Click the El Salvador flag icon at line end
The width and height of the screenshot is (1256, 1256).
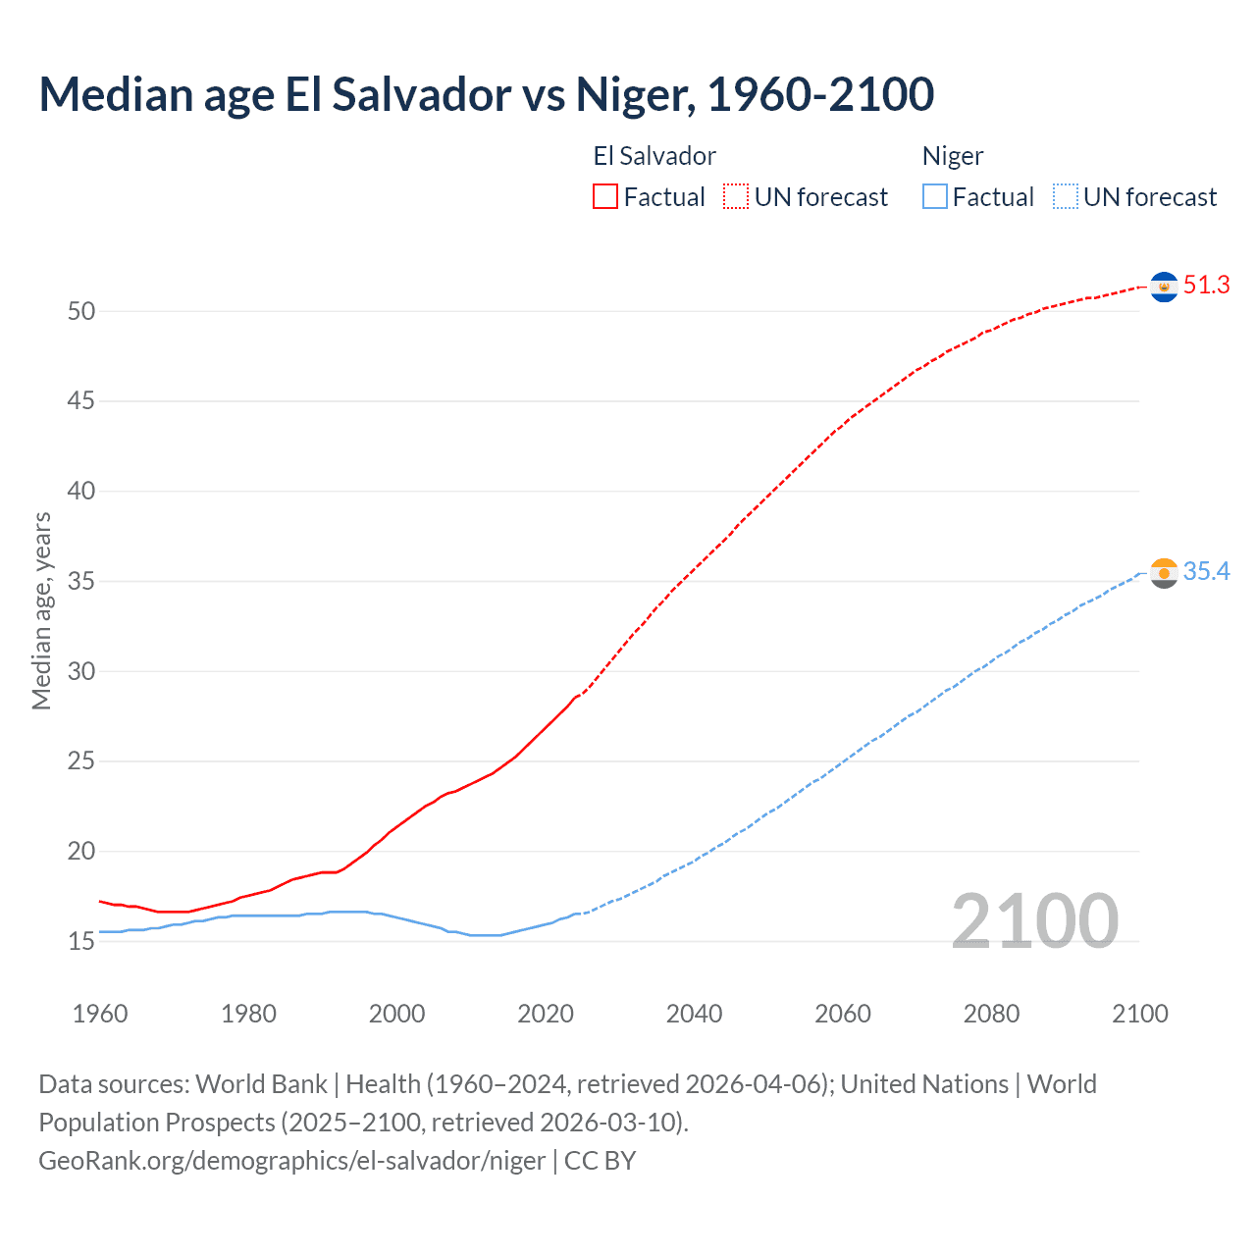(1164, 287)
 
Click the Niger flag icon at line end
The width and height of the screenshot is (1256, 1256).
(1164, 573)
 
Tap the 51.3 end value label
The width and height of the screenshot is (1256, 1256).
(1206, 286)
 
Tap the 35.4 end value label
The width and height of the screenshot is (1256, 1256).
(1206, 572)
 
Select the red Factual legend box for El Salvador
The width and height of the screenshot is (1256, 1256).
(605, 197)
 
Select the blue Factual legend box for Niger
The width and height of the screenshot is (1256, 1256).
(935, 197)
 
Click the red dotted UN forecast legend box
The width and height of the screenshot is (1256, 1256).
(736, 197)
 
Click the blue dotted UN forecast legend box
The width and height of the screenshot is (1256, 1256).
(1066, 197)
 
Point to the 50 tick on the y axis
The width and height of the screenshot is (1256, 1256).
(81, 311)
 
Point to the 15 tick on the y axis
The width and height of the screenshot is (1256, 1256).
(81, 941)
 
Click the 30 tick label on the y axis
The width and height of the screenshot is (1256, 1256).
(81, 671)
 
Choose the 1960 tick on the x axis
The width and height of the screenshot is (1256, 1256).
(100, 1014)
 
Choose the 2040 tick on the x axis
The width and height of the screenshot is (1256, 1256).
(694, 1014)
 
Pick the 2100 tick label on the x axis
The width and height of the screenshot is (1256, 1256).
(1139, 1014)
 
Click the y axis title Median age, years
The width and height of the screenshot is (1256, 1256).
(41, 610)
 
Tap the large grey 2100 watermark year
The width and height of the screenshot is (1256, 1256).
(1034, 920)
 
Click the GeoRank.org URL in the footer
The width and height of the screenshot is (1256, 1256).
(291, 1161)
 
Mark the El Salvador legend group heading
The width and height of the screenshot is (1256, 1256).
(654, 156)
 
